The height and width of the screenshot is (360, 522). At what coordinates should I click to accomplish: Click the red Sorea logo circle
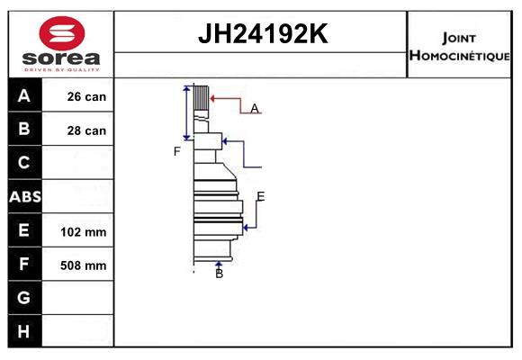pos(62,33)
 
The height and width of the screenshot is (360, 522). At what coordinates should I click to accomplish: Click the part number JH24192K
pos(263,33)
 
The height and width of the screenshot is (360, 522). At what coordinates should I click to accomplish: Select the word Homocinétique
pos(459,55)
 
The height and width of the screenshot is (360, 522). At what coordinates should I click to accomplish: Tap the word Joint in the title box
pos(459,38)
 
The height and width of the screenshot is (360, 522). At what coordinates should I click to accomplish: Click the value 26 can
pos(86,96)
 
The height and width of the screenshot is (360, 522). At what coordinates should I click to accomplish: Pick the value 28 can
pos(86,130)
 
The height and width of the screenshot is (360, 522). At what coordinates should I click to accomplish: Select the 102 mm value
pos(83,232)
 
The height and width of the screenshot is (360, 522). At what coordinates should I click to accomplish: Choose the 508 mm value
pos(83,265)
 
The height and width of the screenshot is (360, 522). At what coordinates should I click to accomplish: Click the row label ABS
pos(25,197)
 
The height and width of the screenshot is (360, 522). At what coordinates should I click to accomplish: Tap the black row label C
pos(24,163)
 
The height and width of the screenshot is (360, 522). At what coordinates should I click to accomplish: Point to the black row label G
pos(24,297)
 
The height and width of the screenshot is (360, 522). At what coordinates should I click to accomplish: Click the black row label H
pos(23,331)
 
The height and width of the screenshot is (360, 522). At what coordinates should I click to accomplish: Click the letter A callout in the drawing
pos(255,108)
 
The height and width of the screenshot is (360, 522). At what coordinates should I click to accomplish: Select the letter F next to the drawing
pos(176,151)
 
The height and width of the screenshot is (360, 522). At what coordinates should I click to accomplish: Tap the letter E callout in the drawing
pos(261,196)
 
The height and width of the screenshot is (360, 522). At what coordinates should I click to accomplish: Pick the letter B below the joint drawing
pos(219,274)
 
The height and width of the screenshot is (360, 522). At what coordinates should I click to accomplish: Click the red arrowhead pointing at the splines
pos(213,99)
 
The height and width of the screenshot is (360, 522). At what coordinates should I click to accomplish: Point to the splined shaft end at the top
pos(202,98)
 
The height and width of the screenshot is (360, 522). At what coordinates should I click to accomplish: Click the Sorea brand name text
pos(61,58)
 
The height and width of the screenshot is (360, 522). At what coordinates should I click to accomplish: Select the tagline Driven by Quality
pos(61,70)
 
